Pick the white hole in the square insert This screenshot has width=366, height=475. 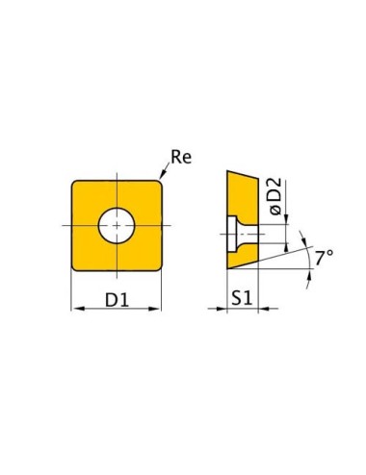[117, 224]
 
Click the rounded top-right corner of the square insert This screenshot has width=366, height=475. [158, 182]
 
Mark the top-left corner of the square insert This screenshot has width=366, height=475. [74, 180]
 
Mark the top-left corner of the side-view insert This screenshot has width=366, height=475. [227, 172]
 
